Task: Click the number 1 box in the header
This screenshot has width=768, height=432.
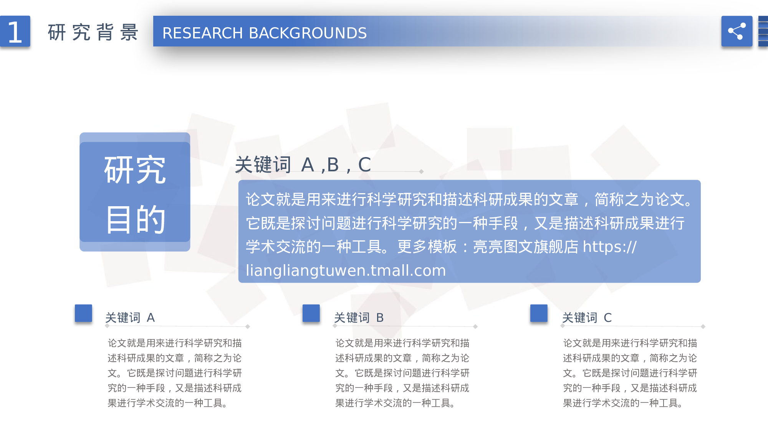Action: pos(15,31)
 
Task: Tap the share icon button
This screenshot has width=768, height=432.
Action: pos(737,31)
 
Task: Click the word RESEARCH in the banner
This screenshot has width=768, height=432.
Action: pos(202,33)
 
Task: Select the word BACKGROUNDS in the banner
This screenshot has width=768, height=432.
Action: pos(308,33)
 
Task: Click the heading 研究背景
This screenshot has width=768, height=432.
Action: pos(93,32)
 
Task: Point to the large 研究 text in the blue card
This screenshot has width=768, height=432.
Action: pos(135,170)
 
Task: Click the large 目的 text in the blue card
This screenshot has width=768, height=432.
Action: pos(135,219)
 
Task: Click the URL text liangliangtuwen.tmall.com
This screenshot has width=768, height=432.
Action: pos(346,270)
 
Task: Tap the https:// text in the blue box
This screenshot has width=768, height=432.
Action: pos(609,247)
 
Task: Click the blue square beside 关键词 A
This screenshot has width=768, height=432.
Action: pos(83,313)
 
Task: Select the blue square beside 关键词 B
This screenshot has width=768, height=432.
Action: pos(311,313)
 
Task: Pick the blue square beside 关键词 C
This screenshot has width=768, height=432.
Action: pos(539,313)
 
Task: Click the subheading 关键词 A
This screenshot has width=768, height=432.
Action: pos(130,318)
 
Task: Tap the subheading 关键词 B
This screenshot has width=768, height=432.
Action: pos(359,318)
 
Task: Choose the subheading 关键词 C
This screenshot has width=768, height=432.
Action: pos(587,318)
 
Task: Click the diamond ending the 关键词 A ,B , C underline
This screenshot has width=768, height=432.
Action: pos(421,172)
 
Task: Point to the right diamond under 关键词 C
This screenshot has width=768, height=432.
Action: pos(703,326)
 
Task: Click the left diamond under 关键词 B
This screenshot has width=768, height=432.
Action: pos(335,326)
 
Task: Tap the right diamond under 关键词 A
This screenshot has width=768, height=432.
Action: pos(248,326)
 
